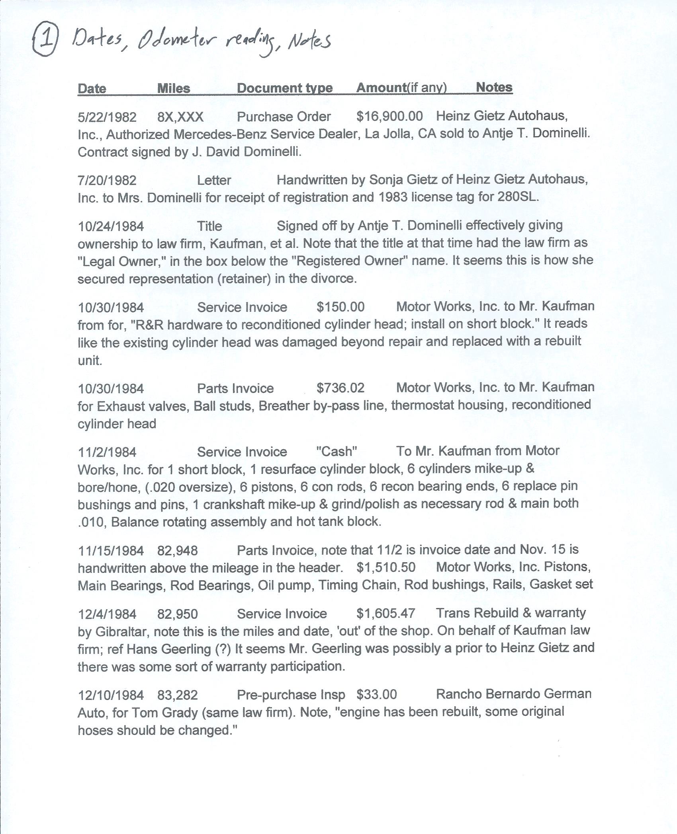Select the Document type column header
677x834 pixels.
[284, 88]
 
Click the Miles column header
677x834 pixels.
[174, 88]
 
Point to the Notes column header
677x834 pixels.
[494, 88]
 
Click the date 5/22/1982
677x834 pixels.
[107, 117]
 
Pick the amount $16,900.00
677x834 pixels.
[389, 116]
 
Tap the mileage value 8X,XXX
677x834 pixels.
[180, 117]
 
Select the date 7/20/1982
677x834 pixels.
[107, 180]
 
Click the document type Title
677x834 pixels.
[209, 226]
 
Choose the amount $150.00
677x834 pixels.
[340, 307]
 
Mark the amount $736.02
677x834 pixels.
[340, 388]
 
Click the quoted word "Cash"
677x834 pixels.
[337, 451]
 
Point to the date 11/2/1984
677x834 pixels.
[107, 452]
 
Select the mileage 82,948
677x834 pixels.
[177, 550]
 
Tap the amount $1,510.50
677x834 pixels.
[386, 567]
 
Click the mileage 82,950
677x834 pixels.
[177, 614]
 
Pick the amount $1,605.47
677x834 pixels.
[385, 613]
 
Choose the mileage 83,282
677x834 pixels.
[177, 695]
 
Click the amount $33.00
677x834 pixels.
[376, 694]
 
